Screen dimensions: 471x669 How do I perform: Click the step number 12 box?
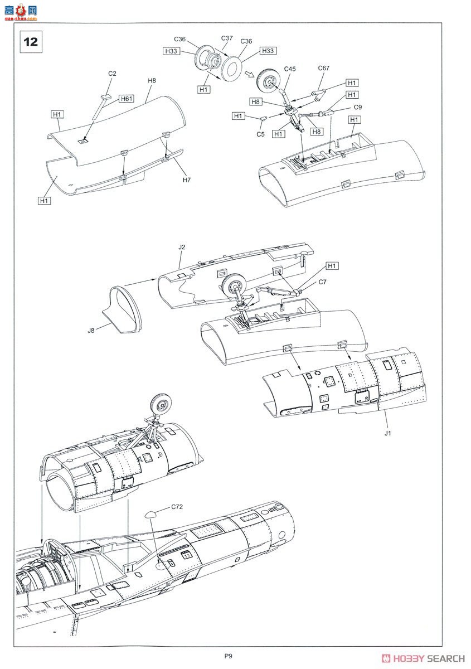point(31,42)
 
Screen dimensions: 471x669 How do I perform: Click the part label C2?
point(112,74)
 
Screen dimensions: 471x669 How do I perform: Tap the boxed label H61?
point(127,99)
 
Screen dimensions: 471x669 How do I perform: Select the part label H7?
point(187,180)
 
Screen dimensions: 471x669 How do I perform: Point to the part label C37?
point(227,38)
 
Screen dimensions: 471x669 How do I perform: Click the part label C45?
point(290,69)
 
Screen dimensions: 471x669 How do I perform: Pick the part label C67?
point(324,68)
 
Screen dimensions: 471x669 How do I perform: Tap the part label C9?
point(358,107)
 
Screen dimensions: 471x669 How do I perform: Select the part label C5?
point(260,134)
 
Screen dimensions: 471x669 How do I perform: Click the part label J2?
point(182,247)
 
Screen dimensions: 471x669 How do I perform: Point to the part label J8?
point(91,330)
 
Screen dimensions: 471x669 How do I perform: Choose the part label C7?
point(323,282)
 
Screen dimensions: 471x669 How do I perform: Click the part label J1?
point(388,433)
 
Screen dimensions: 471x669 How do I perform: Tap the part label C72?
point(177,507)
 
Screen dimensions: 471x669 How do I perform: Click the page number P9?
point(229,656)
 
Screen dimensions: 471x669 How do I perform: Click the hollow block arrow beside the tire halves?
point(249,74)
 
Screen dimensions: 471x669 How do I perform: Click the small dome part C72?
point(151,514)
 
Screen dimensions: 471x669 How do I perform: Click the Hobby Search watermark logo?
point(423,658)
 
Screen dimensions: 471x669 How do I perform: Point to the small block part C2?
point(106,96)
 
